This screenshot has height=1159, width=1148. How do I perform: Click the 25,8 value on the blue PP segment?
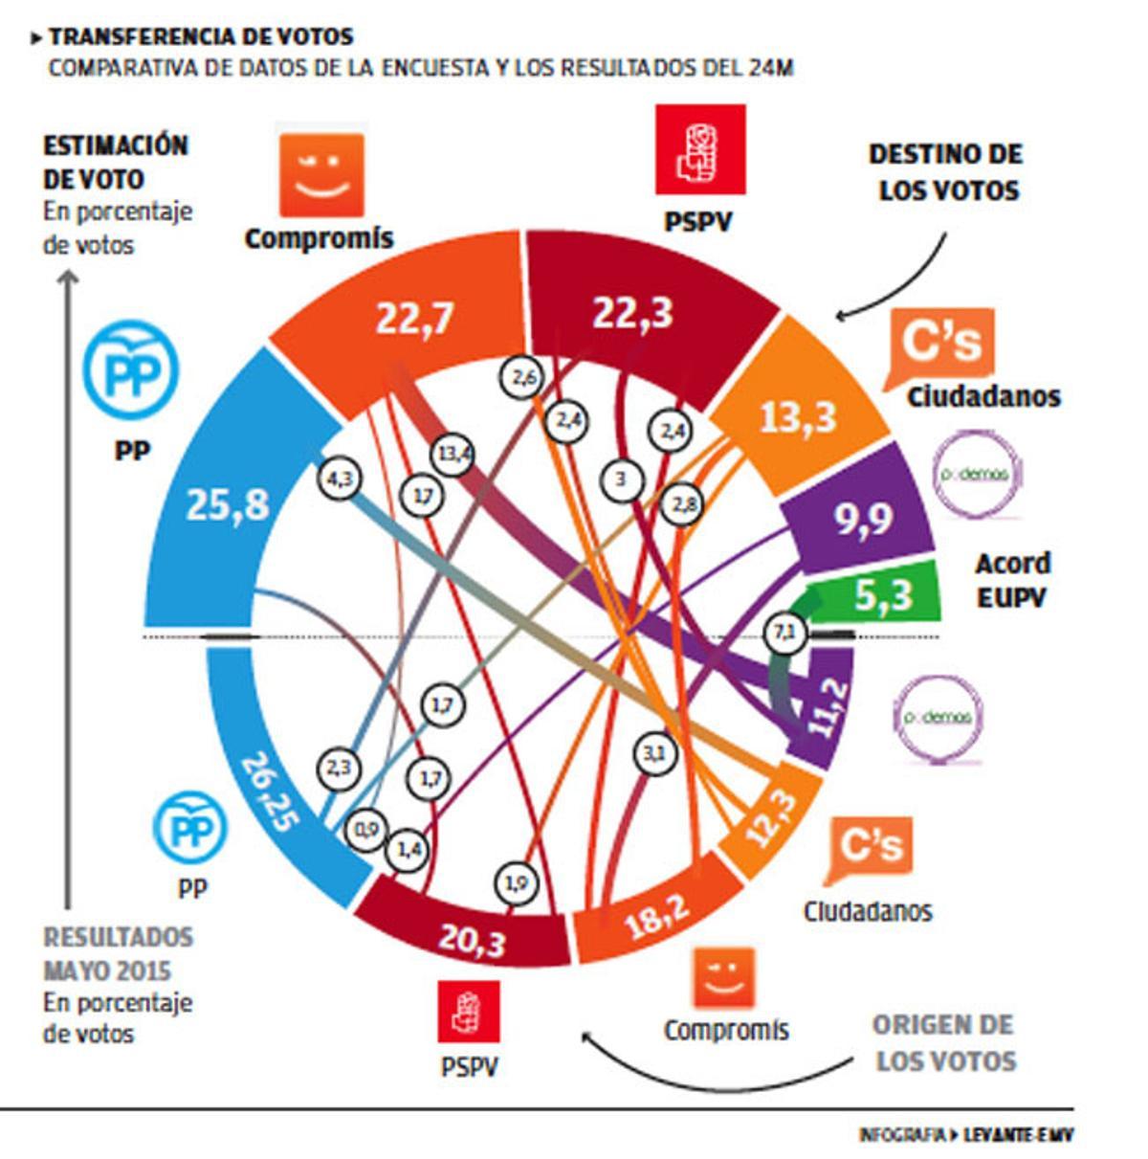[227, 504]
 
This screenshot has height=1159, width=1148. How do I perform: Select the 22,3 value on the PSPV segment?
[632, 313]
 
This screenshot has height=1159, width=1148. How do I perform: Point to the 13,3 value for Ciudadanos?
[798, 416]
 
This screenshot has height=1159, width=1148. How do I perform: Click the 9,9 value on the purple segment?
[863, 519]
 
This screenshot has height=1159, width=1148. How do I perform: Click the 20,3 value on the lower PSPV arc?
[472, 941]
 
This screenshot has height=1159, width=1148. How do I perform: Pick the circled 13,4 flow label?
[453, 454]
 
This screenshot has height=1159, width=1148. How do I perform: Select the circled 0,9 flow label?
[367, 830]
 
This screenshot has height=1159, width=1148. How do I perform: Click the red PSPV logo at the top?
[699, 151]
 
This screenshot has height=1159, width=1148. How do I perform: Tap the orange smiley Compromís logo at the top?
[321, 174]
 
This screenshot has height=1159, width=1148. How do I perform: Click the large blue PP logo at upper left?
[129, 375]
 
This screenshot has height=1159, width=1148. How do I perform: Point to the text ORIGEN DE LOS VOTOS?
[944, 1043]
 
